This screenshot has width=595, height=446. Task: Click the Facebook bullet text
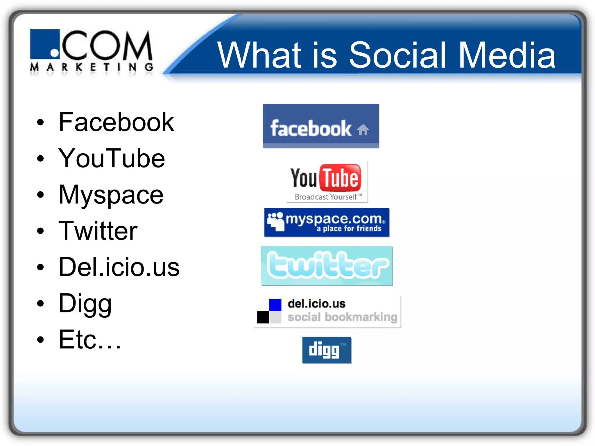(116, 122)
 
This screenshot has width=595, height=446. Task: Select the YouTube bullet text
(112, 158)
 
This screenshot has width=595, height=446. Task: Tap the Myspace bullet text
(111, 195)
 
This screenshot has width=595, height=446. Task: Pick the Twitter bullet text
(98, 231)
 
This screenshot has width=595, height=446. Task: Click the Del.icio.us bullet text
(119, 267)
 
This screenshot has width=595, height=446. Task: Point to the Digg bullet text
(85, 304)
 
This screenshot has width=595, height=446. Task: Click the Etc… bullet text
(89, 340)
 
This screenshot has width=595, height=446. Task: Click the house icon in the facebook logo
(363, 130)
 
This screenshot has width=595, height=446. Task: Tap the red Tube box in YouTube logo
(340, 177)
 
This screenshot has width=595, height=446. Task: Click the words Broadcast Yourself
(326, 197)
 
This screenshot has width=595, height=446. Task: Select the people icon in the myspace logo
(275, 222)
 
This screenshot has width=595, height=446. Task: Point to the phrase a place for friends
(349, 229)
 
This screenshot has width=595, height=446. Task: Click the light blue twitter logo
(327, 266)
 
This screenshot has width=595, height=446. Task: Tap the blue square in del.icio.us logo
(275, 305)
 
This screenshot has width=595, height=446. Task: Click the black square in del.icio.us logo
(263, 317)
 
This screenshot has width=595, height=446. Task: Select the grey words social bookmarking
(342, 317)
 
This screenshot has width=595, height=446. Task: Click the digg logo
(327, 350)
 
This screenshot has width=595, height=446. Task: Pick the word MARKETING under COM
(92, 67)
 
